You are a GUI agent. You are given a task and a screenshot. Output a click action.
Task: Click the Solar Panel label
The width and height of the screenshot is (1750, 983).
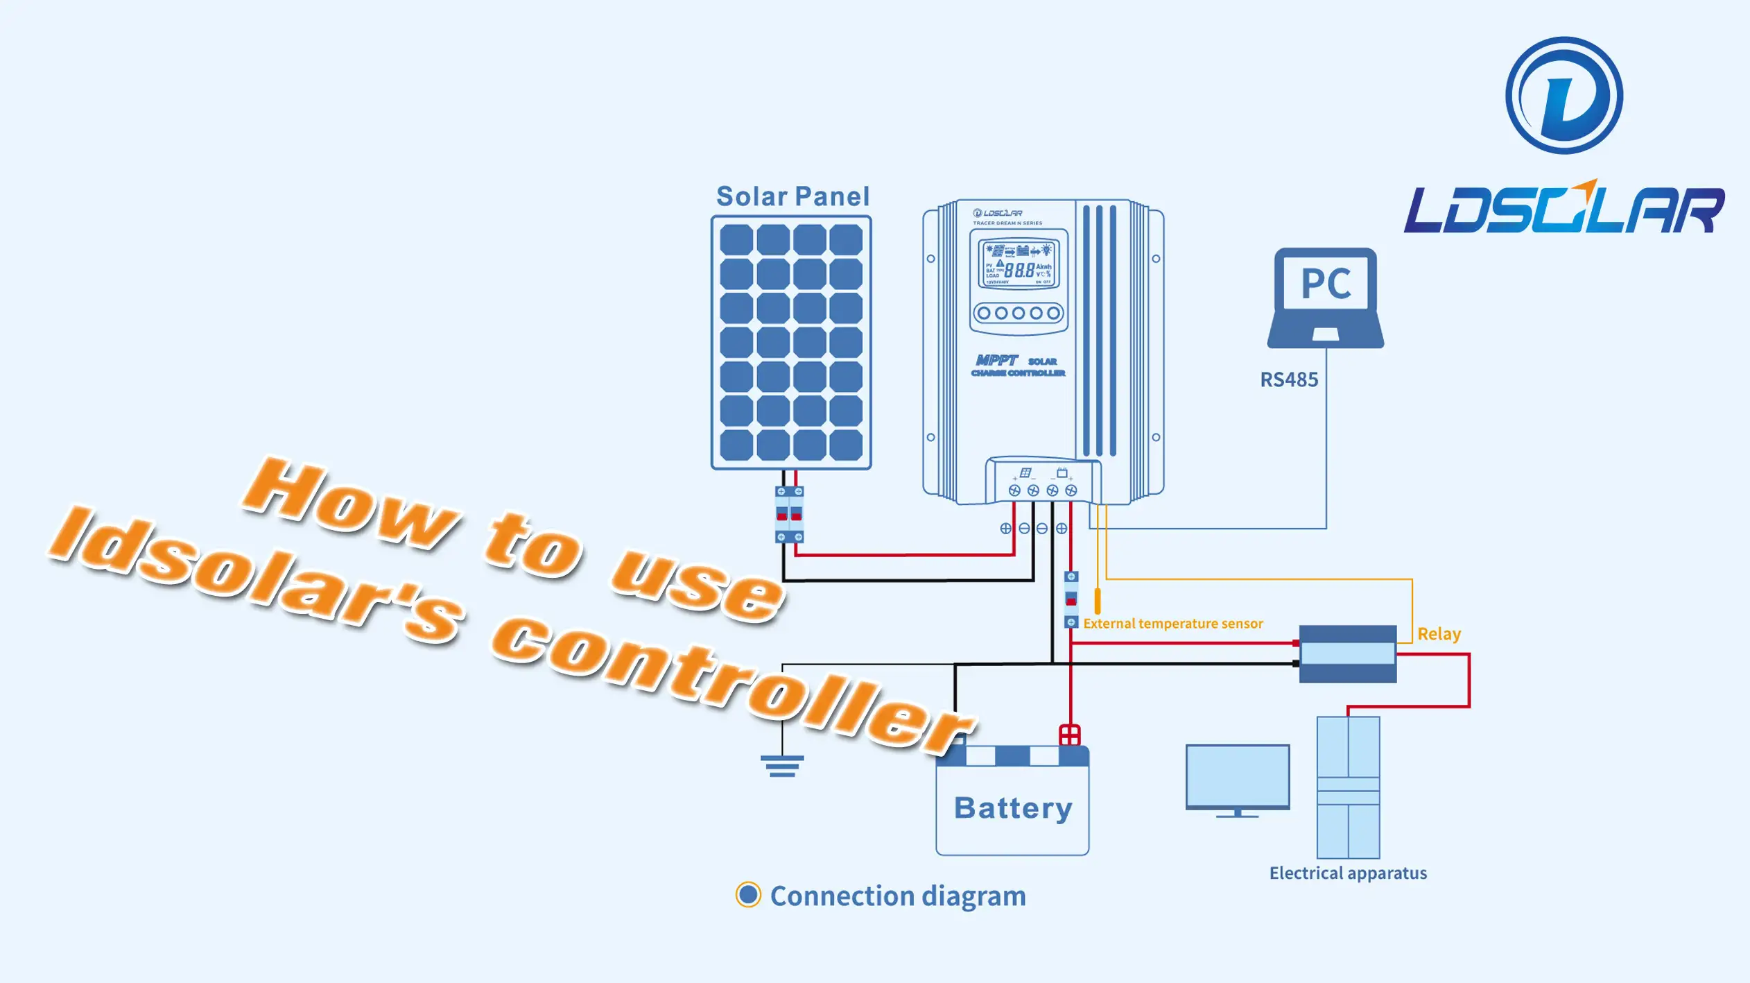point(792,196)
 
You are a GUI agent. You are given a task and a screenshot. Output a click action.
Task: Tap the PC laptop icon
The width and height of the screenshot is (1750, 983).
point(1325,298)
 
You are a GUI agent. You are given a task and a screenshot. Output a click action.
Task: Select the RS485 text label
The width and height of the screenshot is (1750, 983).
point(1289,379)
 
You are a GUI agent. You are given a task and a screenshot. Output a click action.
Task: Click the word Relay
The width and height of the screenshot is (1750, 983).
point(1439,634)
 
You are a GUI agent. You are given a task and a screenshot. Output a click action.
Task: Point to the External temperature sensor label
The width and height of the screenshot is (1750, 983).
point(1173,624)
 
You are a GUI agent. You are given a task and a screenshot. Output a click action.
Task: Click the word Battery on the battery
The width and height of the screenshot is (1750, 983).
point(1013,808)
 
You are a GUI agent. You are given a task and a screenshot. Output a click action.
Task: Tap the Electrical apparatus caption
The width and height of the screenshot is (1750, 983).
point(1348,873)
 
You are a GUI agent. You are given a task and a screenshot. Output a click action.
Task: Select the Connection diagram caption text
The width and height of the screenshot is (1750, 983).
point(898,896)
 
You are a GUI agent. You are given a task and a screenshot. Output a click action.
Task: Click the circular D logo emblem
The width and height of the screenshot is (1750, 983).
point(1564,96)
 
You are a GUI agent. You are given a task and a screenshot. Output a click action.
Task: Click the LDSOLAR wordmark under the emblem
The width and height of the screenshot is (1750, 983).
point(1564,209)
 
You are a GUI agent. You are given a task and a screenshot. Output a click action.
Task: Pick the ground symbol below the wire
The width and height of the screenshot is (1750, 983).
point(782,766)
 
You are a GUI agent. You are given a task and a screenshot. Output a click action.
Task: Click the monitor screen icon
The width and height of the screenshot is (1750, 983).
point(1238,778)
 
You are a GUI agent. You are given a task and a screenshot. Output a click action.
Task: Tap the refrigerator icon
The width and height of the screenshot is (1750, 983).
point(1348,787)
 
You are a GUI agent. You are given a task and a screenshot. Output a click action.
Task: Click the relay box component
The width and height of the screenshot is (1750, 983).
point(1347,653)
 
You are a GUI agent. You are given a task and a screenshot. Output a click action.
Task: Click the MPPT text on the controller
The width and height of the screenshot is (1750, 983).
point(996,360)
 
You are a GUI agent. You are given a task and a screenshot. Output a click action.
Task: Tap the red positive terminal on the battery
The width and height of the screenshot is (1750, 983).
point(1070,735)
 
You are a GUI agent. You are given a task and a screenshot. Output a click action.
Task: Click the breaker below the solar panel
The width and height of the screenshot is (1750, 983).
point(789,514)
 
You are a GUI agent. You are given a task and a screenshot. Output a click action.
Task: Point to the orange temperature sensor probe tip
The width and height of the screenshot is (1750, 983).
point(1098,601)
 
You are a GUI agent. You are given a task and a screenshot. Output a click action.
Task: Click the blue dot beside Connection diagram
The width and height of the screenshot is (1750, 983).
point(748,895)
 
